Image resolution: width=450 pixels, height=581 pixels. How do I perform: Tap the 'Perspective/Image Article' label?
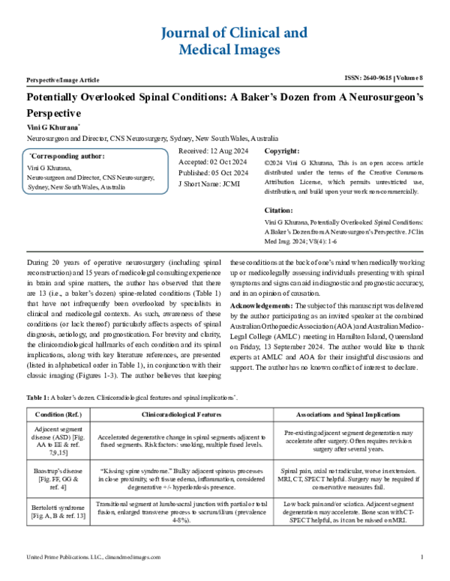click(x=63, y=79)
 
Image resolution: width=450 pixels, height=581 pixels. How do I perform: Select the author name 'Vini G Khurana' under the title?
click(x=52, y=128)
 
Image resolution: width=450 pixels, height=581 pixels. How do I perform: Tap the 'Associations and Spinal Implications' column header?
click(x=348, y=414)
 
